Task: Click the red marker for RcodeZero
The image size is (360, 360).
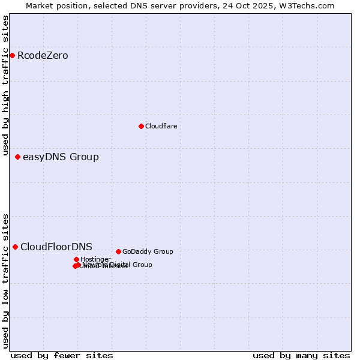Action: [x=12, y=56]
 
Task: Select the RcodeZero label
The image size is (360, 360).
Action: [x=43, y=56]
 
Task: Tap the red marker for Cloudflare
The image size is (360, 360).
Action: [x=141, y=126]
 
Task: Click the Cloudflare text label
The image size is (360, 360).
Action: [x=161, y=126]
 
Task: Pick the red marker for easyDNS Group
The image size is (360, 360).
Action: [x=17, y=157]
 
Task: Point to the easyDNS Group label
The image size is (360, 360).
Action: [x=61, y=157]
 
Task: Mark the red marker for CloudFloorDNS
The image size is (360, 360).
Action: [x=15, y=247]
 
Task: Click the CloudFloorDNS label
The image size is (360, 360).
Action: [x=56, y=247]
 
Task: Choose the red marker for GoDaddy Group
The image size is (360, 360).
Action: [x=118, y=251]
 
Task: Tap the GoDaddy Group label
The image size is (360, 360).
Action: [x=148, y=251]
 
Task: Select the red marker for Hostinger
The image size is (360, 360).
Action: [x=76, y=259]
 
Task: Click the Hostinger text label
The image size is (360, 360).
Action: [x=95, y=259]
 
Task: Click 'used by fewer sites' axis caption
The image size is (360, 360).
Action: [x=62, y=355]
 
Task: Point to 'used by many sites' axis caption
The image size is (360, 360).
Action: [x=301, y=355]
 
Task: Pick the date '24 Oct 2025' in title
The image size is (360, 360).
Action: [x=258, y=5]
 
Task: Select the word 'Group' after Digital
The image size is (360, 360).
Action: [x=142, y=265]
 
